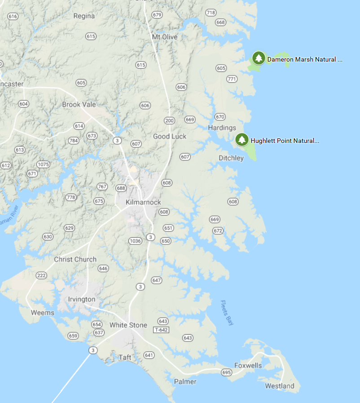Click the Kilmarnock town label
click(x=143, y=202)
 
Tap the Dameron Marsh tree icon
click(x=258, y=58)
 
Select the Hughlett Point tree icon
click(x=242, y=140)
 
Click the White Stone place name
click(x=128, y=325)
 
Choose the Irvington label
click(x=82, y=299)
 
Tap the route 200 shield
click(x=169, y=120)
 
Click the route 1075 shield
click(x=43, y=164)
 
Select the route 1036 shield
click(x=135, y=241)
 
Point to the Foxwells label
click(x=248, y=366)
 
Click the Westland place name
click(x=280, y=386)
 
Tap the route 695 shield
click(x=226, y=372)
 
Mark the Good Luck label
click(x=170, y=136)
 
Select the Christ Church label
click(x=75, y=259)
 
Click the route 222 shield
click(x=41, y=275)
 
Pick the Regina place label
click(x=84, y=16)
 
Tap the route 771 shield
click(x=232, y=79)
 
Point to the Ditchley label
click(x=231, y=158)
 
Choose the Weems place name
click(x=43, y=313)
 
